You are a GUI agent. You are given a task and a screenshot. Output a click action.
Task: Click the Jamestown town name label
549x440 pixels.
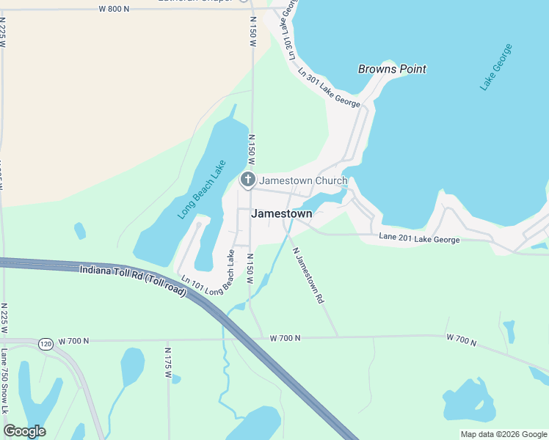(281, 214)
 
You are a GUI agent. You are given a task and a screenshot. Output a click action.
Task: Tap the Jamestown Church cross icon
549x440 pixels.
(248, 180)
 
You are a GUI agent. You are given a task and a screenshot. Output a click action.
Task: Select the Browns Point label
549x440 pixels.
(392, 70)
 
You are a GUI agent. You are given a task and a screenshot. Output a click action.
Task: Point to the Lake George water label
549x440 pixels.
(496, 67)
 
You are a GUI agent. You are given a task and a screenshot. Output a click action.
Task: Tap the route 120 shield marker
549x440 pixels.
(46, 343)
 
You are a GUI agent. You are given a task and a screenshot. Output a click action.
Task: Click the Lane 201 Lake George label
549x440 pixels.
(420, 239)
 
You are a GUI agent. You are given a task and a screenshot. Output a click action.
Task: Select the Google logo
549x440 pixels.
(24, 431)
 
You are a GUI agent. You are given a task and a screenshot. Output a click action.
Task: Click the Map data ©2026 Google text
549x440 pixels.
(503, 434)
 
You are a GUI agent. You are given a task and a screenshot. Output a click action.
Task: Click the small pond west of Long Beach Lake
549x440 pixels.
(79, 230)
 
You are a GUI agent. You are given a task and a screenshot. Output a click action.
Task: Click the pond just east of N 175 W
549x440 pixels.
(176, 379)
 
